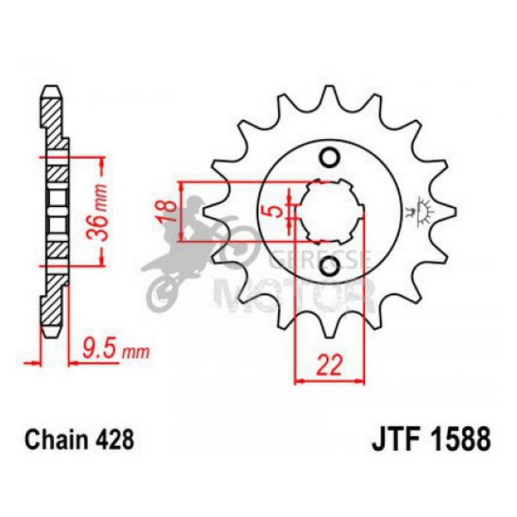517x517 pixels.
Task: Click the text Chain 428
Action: [x=80, y=440]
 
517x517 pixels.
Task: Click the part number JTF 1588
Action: [x=430, y=440]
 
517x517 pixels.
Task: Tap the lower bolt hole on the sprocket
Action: [x=329, y=267]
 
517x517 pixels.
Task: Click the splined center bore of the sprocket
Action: [x=329, y=211]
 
